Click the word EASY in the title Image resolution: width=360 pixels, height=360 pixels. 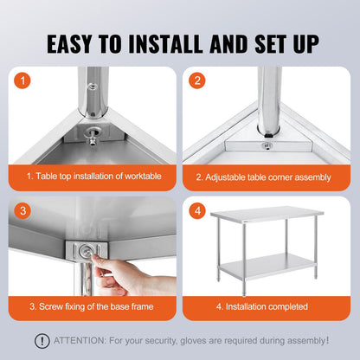pyautogui.click(x=80, y=43)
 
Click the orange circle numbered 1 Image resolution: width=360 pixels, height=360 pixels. pyautogui.click(x=23, y=82)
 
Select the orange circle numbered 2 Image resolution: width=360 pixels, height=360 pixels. pyautogui.click(x=198, y=82)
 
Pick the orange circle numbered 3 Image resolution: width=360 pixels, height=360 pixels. pyautogui.click(x=23, y=211)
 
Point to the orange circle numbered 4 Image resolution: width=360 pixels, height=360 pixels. pyautogui.click(x=198, y=211)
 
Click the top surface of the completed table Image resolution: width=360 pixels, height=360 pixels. pyautogui.click(x=267, y=214)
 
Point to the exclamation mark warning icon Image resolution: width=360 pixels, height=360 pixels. pyautogui.click(x=41, y=340)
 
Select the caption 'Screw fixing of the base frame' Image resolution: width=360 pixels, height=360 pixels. pyautogui.click(x=92, y=306)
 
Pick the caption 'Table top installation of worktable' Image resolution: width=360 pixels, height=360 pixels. pyautogui.click(x=92, y=177)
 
